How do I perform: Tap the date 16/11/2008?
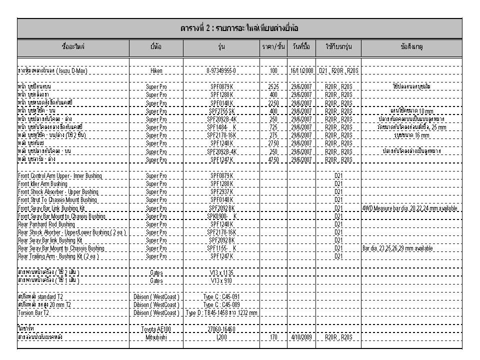tap(299, 71)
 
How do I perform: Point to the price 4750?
tap(273, 160)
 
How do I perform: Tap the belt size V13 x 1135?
tap(221, 272)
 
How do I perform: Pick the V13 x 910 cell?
tap(221, 280)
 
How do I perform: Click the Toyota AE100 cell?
tap(156, 329)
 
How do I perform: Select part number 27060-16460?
tap(221, 329)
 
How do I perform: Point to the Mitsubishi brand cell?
tap(156, 337)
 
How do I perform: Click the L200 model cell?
tap(221, 337)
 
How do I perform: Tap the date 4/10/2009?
tap(299, 337)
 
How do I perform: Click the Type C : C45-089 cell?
tap(221, 305)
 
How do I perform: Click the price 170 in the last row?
tap(273, 337)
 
